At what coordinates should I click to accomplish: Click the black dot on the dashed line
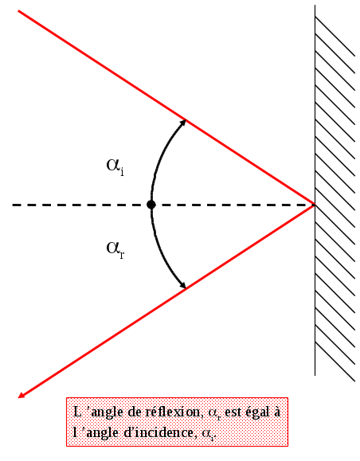151,205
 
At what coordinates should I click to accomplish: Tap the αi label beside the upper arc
115,166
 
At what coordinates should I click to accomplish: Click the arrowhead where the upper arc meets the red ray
183,122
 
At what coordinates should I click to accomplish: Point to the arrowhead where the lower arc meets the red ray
183,286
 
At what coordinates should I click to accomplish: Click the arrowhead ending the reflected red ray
22,396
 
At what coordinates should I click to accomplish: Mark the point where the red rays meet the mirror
315,205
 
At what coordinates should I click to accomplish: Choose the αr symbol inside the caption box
214,413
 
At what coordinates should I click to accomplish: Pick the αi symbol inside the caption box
208,434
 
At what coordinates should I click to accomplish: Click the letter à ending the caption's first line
276,412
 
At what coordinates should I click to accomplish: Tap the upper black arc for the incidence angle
162,156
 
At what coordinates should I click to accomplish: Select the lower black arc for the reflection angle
162,253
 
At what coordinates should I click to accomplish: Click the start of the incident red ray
18,11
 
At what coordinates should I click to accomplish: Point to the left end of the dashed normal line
13,205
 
